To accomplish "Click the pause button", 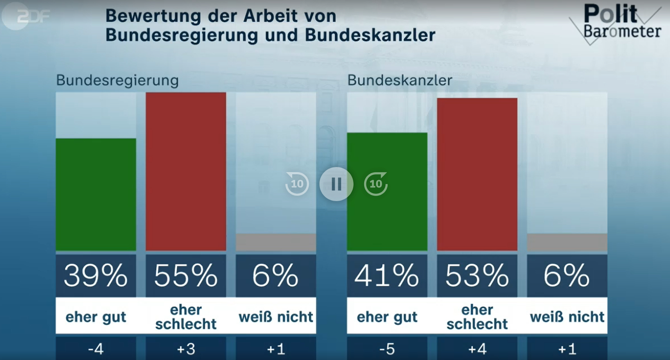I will (x=336, y=184).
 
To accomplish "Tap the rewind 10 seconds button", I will (x=297, y=184).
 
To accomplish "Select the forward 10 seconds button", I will (x=376, y=184).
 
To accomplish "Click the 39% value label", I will (x=96, y=276).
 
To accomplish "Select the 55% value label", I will (x=186, y=276).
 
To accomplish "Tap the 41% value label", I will (x=387, y=276).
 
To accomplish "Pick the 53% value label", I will (x=477, y=276).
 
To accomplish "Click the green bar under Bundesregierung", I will (x=96, y=194).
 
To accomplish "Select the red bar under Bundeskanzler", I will (x=477, y=174).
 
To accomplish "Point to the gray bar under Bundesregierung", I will (x=276, y=242).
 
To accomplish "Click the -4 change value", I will (x=96, y=349).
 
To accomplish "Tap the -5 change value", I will (x=387, y=349).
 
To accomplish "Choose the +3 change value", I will (x=186, y=349).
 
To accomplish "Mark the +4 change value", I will (x=477, y=349).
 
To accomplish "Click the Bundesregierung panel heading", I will (x=117, y=80).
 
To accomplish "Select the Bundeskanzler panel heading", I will (x=400, y=80).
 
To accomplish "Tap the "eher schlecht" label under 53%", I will (x=477, y=317).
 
